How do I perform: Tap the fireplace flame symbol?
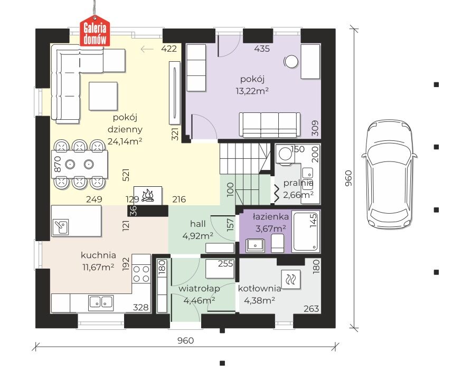[x=148, y=195]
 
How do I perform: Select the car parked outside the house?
[x=390, y=174]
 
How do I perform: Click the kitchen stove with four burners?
[x=141, y=273]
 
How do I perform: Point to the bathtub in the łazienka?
[x=306, y=231]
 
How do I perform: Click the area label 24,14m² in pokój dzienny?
[x=125, y=141]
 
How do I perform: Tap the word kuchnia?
[x=98, y=255]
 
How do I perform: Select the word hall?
[x=197, y=224]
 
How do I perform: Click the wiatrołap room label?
[x=199, y=289]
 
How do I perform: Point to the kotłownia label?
[x=260, y=289]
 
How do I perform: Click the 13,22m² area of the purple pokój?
[x=252, y=91]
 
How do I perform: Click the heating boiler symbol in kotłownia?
[x=291, y=279]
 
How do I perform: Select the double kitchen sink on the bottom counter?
[x=101, y=302]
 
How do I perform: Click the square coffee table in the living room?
[x=103, y=96]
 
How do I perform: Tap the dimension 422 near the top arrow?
[x=169, y=49]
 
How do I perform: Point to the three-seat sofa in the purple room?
[x=269, y=125]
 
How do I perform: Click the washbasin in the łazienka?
[x=255, y=245]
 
